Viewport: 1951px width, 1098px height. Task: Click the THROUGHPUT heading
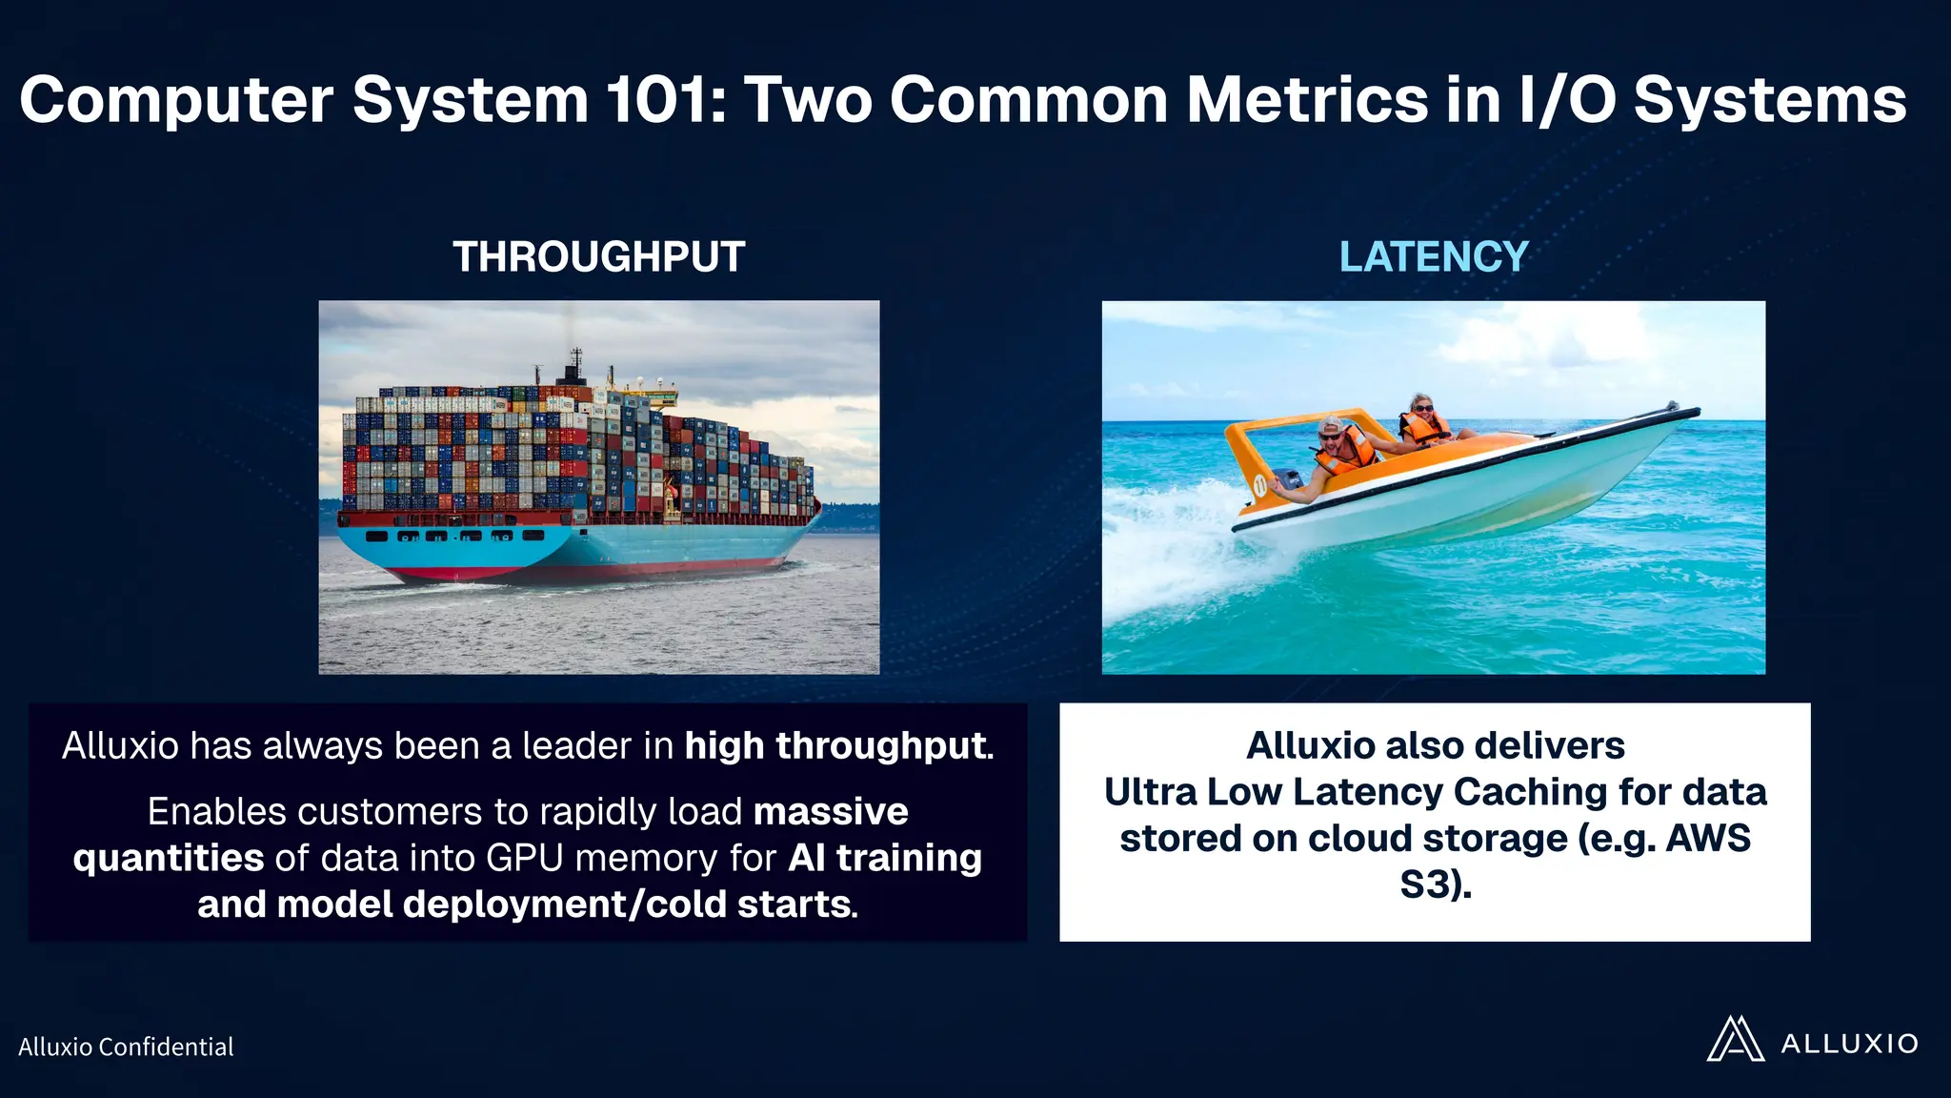coord(598,257)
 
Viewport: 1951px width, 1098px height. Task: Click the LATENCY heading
coord(1433,257)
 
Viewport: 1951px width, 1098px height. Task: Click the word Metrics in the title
coord(1306,100)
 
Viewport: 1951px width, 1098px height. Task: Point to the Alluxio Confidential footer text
coord(126,1047)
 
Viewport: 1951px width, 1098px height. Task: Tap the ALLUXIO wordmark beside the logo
coord(1849,1044)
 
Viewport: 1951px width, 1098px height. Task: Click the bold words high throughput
coord(837,745)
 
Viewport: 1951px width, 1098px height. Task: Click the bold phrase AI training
coord(885,858)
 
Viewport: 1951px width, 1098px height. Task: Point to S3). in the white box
coord(1435,884)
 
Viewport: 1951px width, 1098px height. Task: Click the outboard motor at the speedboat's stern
coord(1286,481)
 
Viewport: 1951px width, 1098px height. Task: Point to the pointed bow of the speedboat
coord(1691,412)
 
